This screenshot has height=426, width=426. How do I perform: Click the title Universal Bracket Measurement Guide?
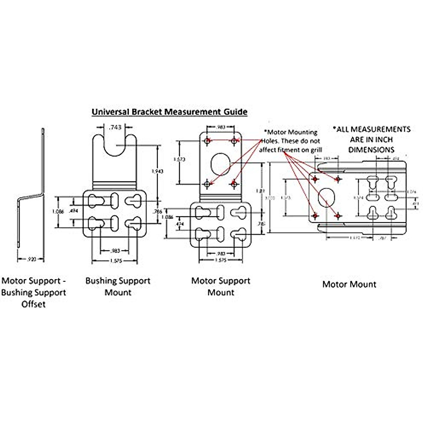click(x=169, y=112)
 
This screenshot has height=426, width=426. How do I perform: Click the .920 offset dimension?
click(x=32, y=260)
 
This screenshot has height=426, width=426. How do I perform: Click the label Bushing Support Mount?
click(x=118, y=286)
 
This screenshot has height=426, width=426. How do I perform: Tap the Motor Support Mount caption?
click(x=221, y=286)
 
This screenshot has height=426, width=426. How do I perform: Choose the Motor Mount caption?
click(x=349, y=284)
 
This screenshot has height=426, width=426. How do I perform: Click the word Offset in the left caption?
click(x=33, y=304)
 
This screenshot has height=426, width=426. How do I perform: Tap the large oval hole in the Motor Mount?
click(x=326, y=198)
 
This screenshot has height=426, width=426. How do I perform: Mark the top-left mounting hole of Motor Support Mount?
click(x=207, y=141)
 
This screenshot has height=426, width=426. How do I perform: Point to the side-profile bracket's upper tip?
click(x=42, y=130)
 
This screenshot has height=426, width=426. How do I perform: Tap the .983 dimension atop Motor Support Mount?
click(x=221, y=127)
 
